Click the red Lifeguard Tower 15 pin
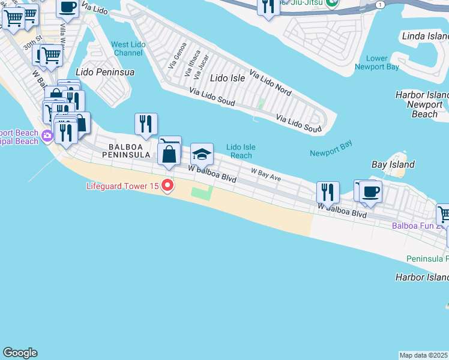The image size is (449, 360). point(167,186)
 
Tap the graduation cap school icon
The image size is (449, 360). point(202,154)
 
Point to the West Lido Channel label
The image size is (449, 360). point(127,49)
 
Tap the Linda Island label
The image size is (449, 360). point(426,37)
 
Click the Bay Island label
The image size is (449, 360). point(393,164)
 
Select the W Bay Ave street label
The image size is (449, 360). point(266,174)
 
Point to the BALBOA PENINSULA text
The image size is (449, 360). point(129,150)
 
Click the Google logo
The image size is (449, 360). point(20,353)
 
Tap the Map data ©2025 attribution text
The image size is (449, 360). point(424,355)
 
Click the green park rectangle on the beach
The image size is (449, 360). point(202,194)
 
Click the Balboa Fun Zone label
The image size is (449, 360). point(420,226)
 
